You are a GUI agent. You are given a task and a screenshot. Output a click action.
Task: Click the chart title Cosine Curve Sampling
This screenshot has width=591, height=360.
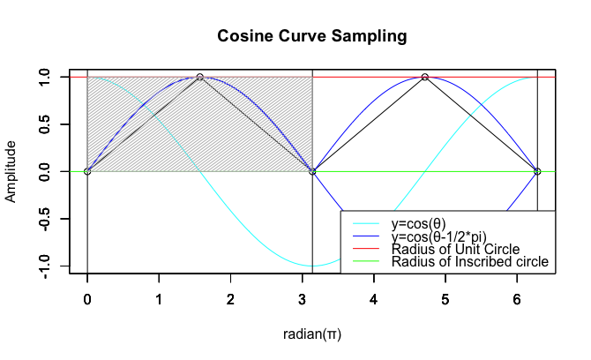click(x=312, y=37)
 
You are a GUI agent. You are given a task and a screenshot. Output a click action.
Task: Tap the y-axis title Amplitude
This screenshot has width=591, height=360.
click(x=11, y=171)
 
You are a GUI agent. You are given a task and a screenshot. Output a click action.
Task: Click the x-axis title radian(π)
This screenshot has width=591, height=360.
click(x=311, y=334)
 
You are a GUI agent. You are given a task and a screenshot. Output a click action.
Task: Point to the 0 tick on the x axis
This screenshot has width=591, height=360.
click(x=87, y=296)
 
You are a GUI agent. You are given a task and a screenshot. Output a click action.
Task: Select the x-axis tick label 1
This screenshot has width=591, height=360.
click(x=159, y=296)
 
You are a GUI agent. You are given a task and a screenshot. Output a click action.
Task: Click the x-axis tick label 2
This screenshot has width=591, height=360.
click(x=230, y=296)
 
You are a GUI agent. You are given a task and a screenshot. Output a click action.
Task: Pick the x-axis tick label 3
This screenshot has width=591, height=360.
click(x=302, y=296)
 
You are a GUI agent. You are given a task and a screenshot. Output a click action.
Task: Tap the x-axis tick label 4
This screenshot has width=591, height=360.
click(x=374, y=296)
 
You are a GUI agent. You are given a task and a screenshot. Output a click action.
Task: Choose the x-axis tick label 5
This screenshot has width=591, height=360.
click(x=445, y=296)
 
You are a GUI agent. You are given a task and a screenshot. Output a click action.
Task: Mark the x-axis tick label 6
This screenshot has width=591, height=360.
click(x=517, y=296)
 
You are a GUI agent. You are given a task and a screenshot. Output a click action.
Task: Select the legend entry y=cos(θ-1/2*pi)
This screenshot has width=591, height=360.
click(x=449, y=237)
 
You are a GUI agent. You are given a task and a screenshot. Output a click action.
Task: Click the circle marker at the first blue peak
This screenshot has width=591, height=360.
click(x=200, y=77)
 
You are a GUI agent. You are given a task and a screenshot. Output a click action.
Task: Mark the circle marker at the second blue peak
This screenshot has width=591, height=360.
click(x=425, y=77)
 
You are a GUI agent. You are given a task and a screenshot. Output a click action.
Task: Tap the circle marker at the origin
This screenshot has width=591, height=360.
click(x=87, y=171)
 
